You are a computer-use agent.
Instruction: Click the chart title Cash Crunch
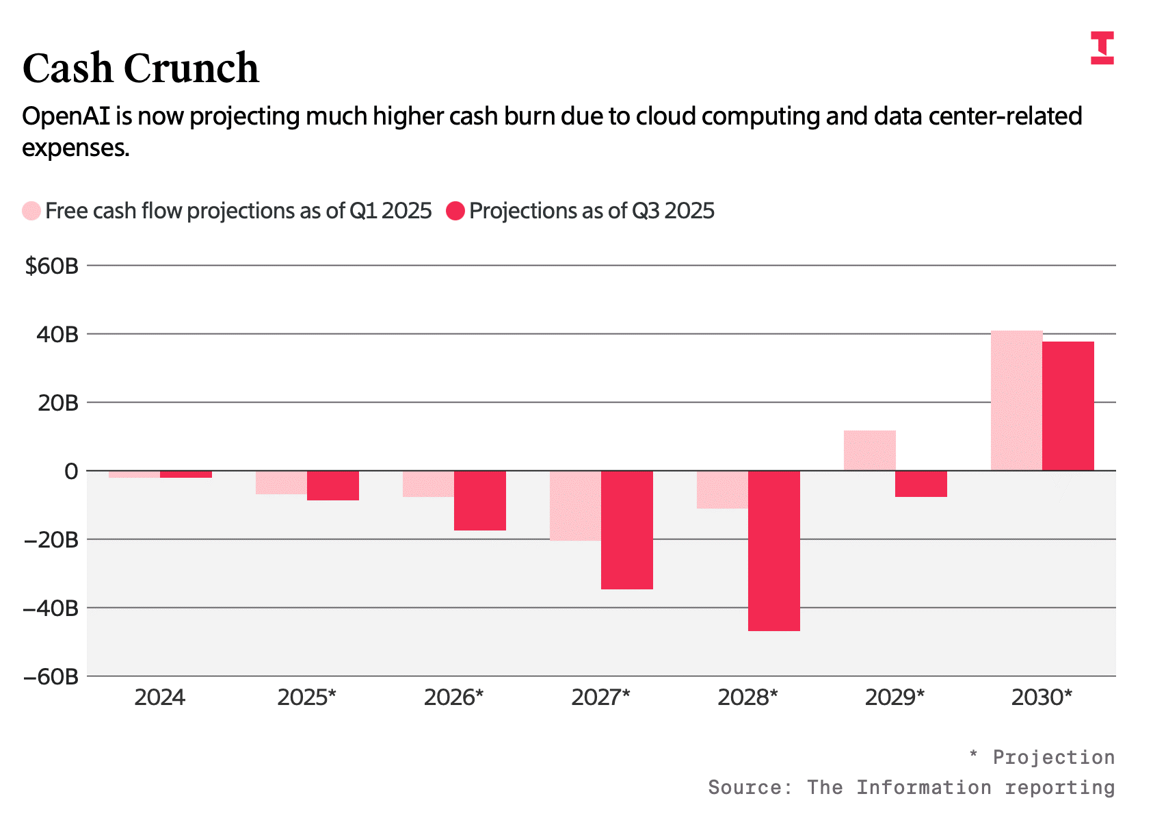pyautogui.click(x=140, y=68)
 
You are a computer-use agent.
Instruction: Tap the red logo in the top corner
pyautogui.click(x=1102, y=48)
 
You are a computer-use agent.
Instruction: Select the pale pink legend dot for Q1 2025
pyautogui.click(x=31, y=212)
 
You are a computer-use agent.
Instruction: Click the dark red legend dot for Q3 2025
pyautogui.click(x=455, y=212)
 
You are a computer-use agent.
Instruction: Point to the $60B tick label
pyautogui.click(x=51, y=266)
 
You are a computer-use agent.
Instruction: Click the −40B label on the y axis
pyautogui.click(x=51, y=608)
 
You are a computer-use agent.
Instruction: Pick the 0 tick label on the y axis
pyautogui.click(x=71, y=472)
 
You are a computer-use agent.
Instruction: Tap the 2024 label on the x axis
pyautogui.click(x=159, y=698)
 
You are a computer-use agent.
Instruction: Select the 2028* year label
pyautogui.click(x=747, y=698)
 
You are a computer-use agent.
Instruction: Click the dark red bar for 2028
pyautogui.click(x=774, y=550)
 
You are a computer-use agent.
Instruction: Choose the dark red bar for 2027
pyautogui.click(x=627, y=530)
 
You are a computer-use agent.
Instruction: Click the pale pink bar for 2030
pyautogui.click(x=1017, y=400)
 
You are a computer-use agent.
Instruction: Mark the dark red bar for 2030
pyautogui.click(x=1069, y=407)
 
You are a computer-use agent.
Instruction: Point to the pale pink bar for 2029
pyautogui.click(x=870, y=450)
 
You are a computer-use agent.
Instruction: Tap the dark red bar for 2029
pyautogui.click(x=921, y=484)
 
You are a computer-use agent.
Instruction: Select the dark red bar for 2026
pyautogui.click(x=480, y=500)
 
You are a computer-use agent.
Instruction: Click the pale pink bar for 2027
pyautogui.click(x=575, y=506)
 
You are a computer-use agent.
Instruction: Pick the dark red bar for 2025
pyautogui.click(x=333, y=486)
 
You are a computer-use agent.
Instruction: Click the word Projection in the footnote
pyautogui.click(x=1054, y=758)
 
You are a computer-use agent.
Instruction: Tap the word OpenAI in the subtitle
pyautogui.click(x=66, y=116)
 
